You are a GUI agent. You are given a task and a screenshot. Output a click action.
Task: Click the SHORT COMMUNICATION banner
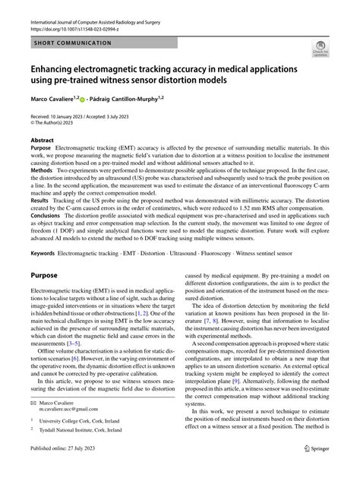coord(73,44)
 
